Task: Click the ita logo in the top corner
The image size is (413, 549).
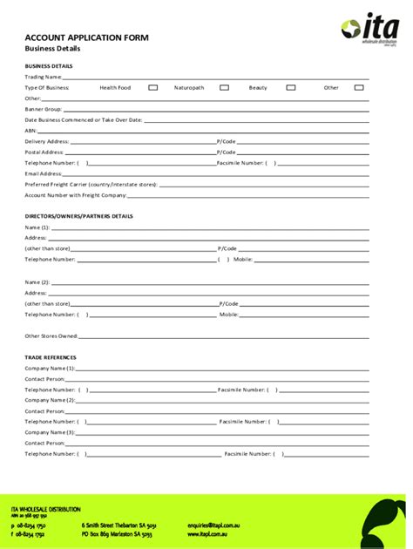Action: tap(369, 29)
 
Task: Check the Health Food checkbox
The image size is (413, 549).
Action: tap(152, 87)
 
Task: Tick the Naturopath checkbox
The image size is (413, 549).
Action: tap(224, 87)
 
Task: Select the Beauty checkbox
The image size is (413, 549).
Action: tap(291, 87)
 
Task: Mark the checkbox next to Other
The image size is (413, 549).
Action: tap(358, 87)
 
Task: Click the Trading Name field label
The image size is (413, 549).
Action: tap(43, 77)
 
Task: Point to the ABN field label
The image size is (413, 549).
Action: tap(30, 131)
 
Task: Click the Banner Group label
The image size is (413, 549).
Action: tap(43, 109)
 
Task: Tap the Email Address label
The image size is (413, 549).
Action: tap(44, 173)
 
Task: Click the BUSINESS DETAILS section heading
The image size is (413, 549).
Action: tap(48, 65)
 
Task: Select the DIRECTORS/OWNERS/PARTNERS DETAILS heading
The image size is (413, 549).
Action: tap(78, 215)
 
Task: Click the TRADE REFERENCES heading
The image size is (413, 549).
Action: tap(50, 357)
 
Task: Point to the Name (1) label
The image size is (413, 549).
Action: tap(37, 227)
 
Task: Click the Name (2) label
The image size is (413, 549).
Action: tap(37, 282)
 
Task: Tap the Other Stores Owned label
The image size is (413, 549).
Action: tap(51, 335)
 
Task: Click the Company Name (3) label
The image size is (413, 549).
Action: tap(51, 432)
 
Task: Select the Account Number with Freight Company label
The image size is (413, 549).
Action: tap(69, 195)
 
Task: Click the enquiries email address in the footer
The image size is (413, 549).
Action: tap(213, 526)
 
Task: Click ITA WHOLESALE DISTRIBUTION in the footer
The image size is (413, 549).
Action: tap(45, 509)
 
